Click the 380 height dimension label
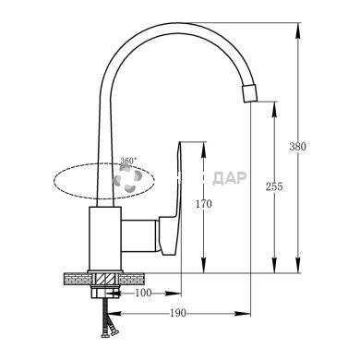297,147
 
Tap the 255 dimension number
274,186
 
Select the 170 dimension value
204,204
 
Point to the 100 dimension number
143,293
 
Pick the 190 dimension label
178,313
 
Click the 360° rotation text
128,161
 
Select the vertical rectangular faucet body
104,239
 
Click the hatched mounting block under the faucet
105,280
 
